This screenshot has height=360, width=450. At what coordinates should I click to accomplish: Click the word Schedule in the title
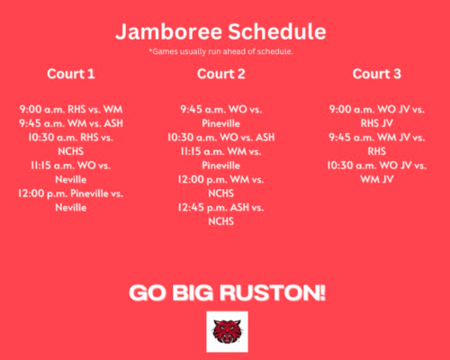coord(274,32)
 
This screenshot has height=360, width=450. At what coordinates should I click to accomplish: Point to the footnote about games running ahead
coord(220,51)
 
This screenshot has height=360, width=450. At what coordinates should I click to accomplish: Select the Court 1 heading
coord(70,73)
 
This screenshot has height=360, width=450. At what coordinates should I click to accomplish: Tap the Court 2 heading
coord(220,73)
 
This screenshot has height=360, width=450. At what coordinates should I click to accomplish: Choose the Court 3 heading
coord(376,73)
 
